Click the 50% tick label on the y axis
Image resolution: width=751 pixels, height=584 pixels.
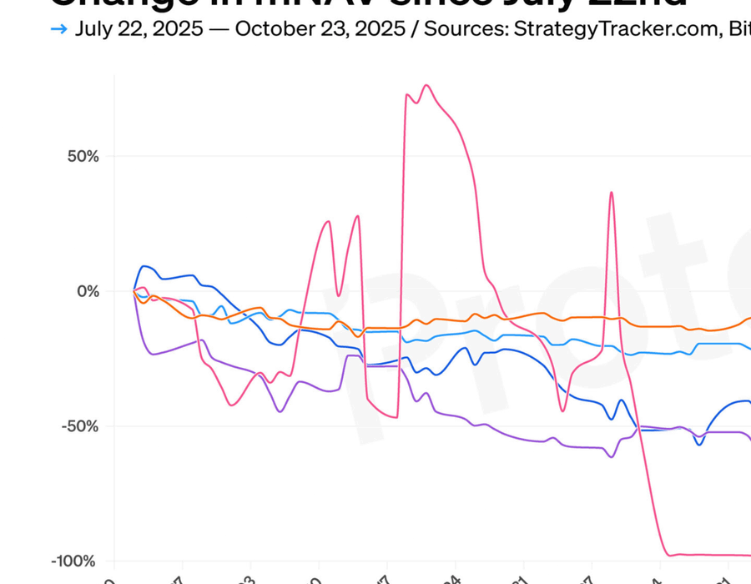(x=83, y=156)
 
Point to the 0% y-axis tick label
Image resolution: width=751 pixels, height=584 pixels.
(x=88, y=291)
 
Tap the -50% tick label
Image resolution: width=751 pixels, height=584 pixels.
(x=80, y=426)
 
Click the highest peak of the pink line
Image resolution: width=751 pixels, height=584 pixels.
(x=426, y=85)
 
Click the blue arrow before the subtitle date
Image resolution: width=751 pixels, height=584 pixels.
(x=58, y=29)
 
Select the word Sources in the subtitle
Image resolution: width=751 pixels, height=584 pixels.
(x=464, y=29)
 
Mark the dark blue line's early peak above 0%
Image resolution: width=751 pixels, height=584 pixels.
(x=145, y=266)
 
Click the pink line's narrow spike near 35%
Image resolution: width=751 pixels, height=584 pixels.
(x=611, y=193)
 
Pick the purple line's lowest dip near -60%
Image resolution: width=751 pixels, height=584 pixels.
(x=611, y=456)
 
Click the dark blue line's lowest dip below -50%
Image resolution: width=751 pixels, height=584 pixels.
(x=699, y=444)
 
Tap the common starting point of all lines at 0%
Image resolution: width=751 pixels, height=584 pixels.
(x=134, y=290)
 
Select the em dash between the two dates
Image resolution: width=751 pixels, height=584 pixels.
(x=219, y=29)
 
